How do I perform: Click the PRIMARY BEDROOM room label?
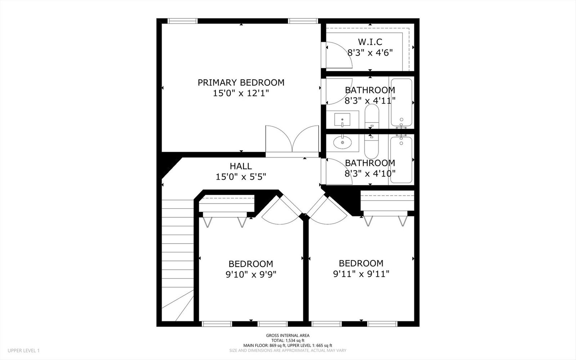(x=241, y=83)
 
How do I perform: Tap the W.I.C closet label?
(x=370, y=42)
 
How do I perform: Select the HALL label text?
(x=241, y=166)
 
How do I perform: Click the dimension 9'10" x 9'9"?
(x=251, y=275)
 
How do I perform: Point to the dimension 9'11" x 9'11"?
(x=361, y=274)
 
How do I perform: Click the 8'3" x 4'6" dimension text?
(x=370, y=53)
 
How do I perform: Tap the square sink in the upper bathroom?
(x=342, y=120)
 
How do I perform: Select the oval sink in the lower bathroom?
(x=343, y=142)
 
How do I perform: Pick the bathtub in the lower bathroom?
(x=401, y=160)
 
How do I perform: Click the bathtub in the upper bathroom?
(x=401, y=102)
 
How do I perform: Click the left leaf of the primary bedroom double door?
(x=279, y=139)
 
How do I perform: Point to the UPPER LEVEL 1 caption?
(x=23, y=351)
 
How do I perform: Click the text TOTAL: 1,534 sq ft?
(x=288, y=341)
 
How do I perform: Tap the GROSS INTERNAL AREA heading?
(x=288, y=335)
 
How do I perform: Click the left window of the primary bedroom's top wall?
(x=182, y=21)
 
